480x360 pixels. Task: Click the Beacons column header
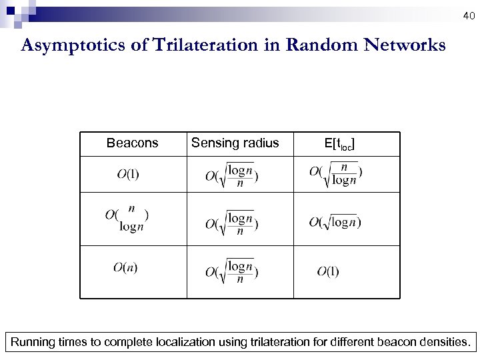[x=133, y=143]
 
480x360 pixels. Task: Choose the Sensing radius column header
[x=235, y=143]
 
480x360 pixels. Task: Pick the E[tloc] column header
[x=339, y=143]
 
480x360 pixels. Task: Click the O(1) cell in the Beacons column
[x=128, y=175]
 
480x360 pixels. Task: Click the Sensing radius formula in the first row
[x=232, y=175]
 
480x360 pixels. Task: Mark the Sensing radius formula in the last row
[x=232, y=271]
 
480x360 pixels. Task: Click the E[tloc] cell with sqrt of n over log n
[x=336, y=173]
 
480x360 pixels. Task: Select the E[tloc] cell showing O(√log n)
[x=335, y=222]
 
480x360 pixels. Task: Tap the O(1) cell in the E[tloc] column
[x=327, y=271]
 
